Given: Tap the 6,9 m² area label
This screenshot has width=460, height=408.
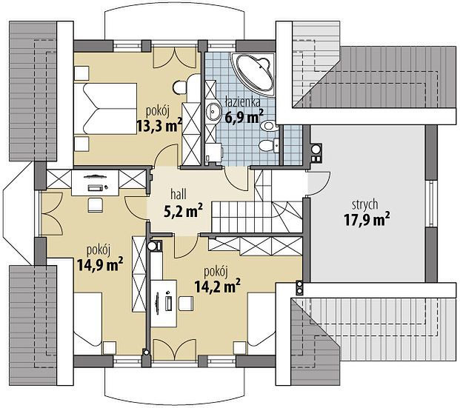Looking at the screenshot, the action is point(244,116).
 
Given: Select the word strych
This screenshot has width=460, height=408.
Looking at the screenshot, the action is point(364,205).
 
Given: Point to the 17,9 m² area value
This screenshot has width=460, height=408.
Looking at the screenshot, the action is point(367,220).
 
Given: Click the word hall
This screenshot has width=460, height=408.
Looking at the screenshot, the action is point(179,195).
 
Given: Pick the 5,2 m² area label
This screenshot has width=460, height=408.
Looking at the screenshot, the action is point(183,211).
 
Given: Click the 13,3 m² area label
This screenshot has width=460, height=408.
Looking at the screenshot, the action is point(159,126).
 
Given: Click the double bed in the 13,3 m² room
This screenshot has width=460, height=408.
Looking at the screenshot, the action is point(106,109).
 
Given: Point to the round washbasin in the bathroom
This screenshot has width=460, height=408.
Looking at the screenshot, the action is point(213,111).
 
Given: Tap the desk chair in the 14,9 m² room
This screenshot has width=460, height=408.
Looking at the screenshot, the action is point(96,204).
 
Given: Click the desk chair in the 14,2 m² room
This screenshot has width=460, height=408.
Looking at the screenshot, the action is point(186,304).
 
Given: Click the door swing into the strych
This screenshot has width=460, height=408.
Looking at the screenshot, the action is point(319,184).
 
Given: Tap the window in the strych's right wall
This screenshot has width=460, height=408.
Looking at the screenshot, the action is point(431,203).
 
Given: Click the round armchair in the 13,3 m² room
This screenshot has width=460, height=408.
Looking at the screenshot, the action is point(179,87).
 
